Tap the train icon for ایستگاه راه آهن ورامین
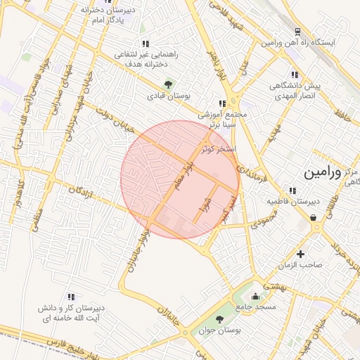[297, 32]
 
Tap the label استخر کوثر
[218, 149]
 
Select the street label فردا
[206, 204]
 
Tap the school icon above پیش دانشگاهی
[294, 75]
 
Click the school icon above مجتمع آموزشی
[223, 103]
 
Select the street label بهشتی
[270, 286]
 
